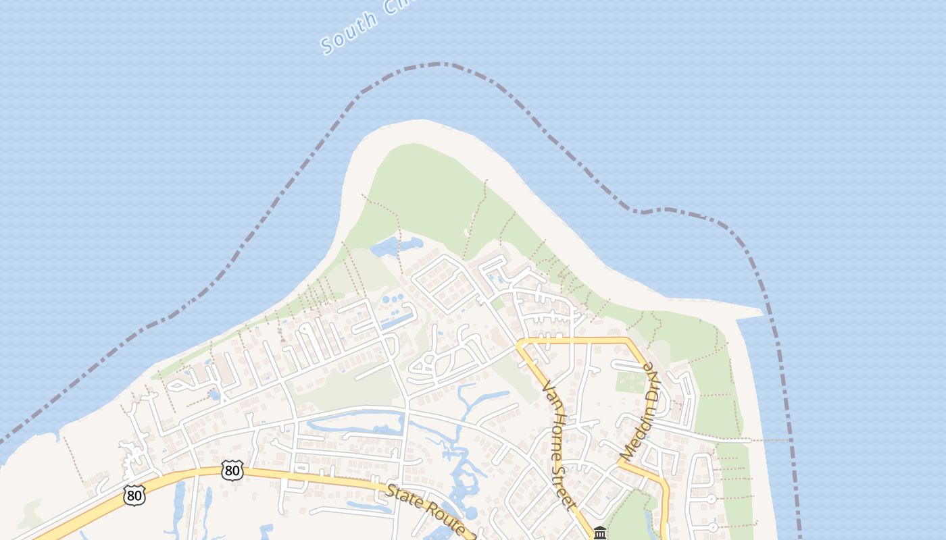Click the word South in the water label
pos(349,32)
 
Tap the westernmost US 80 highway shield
pos(134,496)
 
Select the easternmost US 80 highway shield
pos(232,470)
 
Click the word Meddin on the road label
pos(635,432)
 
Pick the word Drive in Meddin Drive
pos(649,382)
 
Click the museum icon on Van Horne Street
pos(599,533)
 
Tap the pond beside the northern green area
pos(395,246)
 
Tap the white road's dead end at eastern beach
pos(749,440)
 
